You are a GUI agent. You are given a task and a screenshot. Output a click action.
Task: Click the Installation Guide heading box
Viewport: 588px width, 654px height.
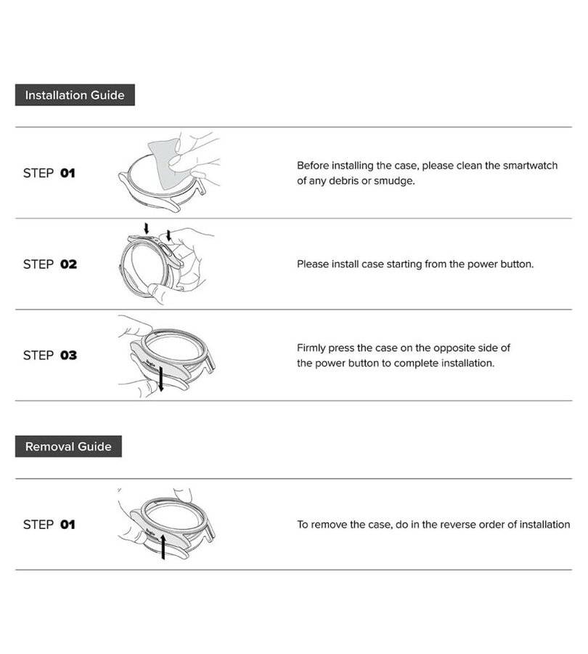75,94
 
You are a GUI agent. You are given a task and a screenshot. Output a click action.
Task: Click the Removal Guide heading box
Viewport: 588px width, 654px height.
68,446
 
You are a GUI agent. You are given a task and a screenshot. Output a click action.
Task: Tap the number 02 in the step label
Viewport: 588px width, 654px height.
68,264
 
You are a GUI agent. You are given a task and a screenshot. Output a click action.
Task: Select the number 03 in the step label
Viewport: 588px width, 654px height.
68,355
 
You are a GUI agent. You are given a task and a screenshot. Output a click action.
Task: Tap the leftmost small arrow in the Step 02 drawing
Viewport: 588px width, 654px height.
146,228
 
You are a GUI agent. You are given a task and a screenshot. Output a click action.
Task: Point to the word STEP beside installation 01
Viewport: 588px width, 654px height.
38,173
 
